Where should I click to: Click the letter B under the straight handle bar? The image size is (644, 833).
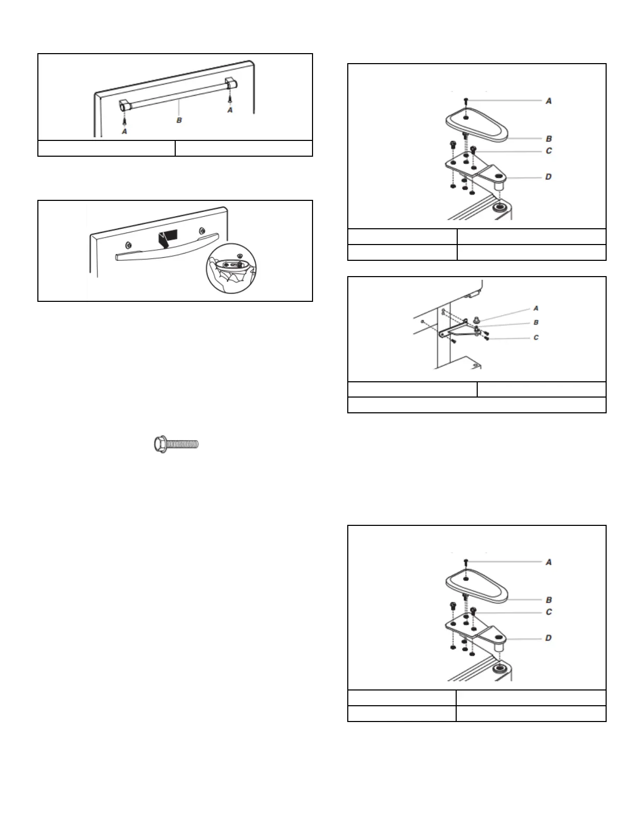pyautogui.click(x=179, y=120)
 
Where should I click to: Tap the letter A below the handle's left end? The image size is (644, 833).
pyautogui.click(x=124, y=131)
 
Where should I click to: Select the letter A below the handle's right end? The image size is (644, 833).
pyautogui.click(x=229, y=109)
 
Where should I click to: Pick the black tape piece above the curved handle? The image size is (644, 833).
pyautogui.click(x=168, y=237)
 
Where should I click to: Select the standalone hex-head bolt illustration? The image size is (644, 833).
pyautogui.click(x=176, y=444)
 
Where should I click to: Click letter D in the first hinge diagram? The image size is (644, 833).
pyautogui.click(x=548, y=177)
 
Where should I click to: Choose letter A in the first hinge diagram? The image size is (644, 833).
pyautogui.click(x=548, y=100)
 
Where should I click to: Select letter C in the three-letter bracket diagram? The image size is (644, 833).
pyautogui.click(x=536, y=337)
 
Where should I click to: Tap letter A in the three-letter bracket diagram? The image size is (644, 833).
pyautogui.click(x=536, y=308)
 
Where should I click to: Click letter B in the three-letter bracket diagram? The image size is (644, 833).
pyautogui.click(x=536, y=322)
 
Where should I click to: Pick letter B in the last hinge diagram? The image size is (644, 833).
pyautogui.click(x=549, y=600)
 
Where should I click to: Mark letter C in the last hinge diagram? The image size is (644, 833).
pyautogui.click(x=549, y=612)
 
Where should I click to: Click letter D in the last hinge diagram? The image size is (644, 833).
pyautogui.click(x=548, y=638)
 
